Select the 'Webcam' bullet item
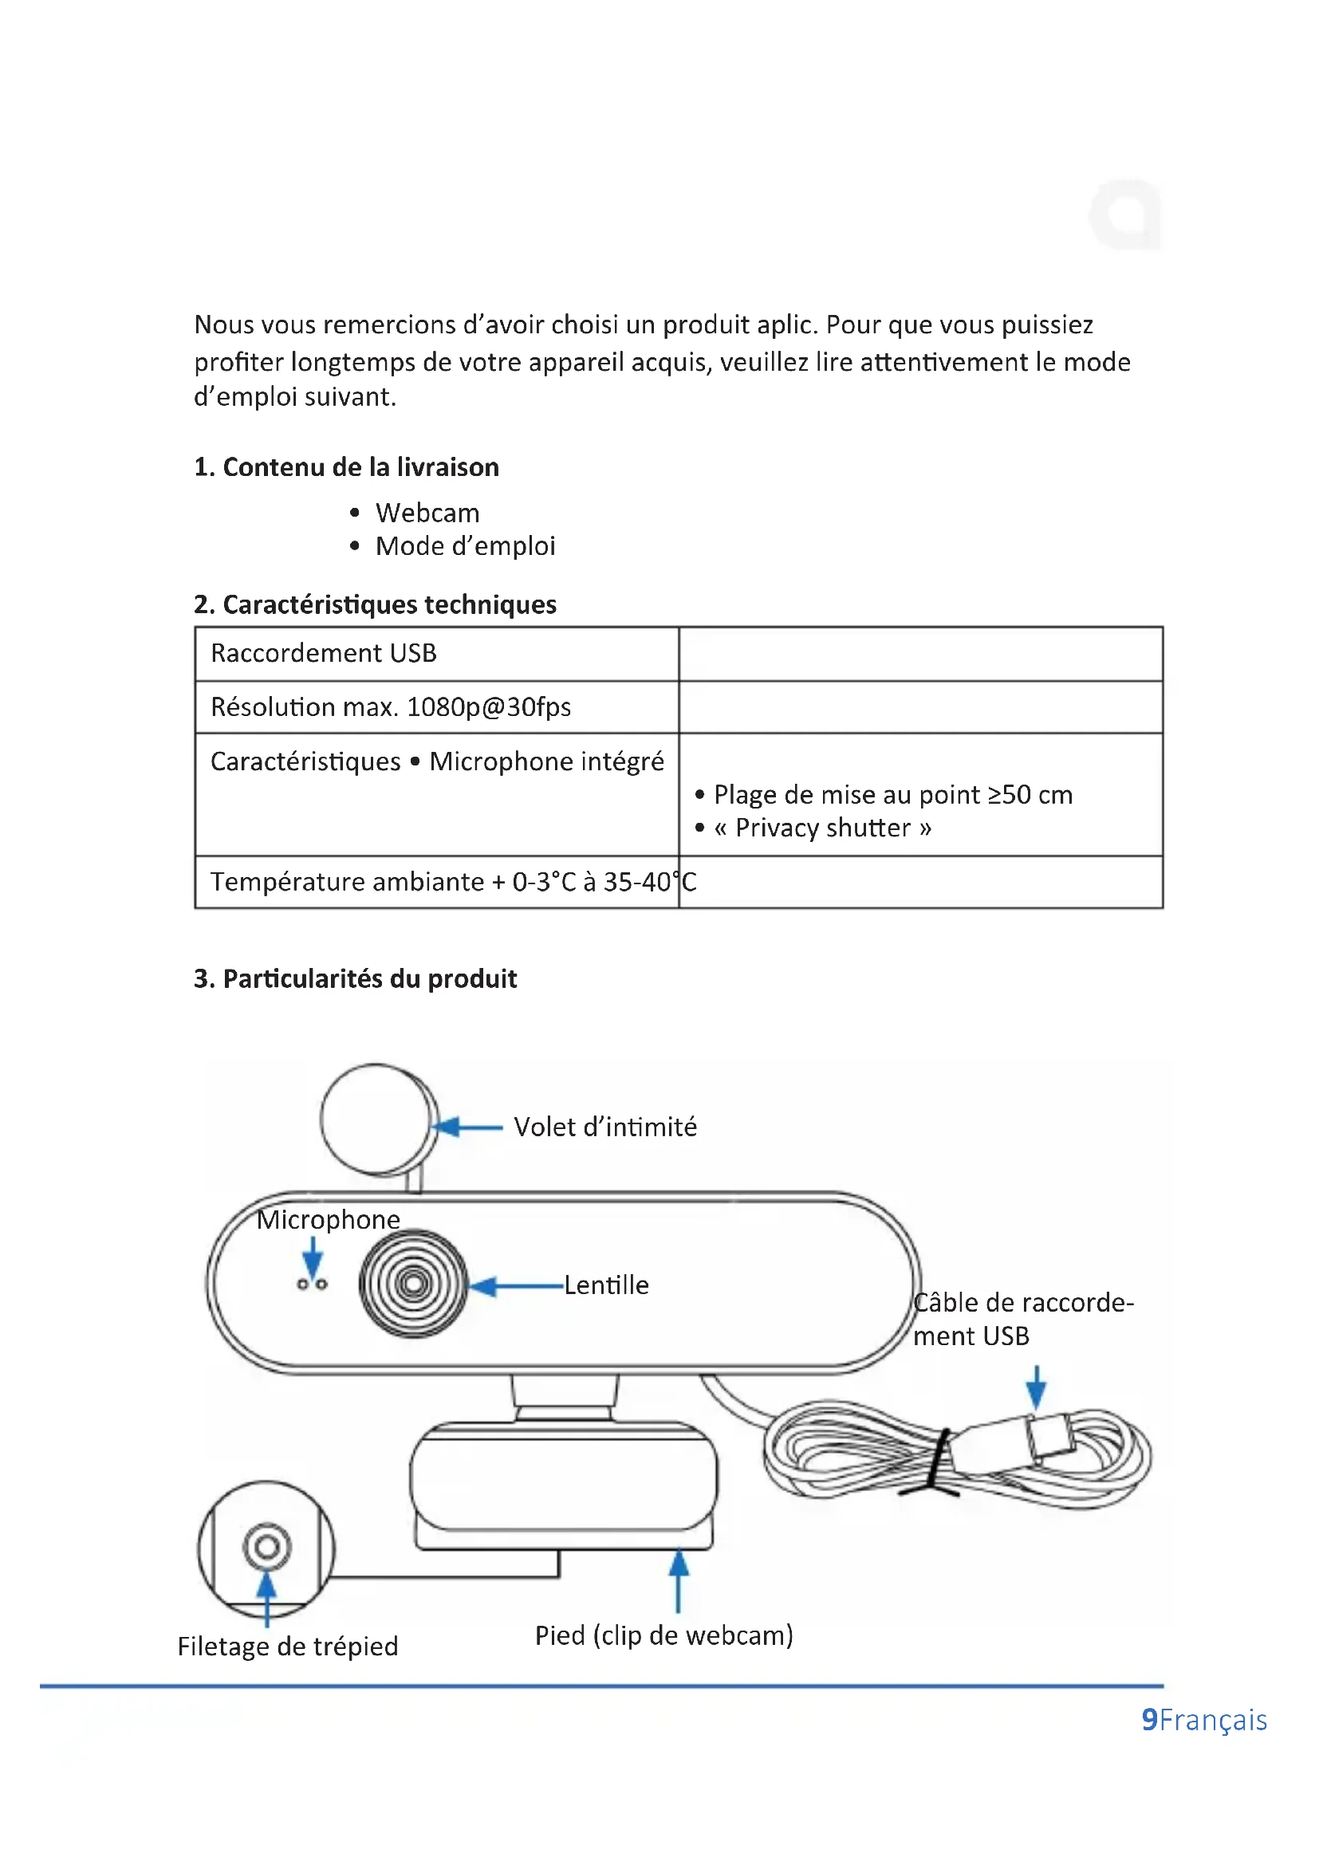[x=427, y=513]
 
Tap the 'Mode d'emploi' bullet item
[x=465, y=547]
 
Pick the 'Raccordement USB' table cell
[x=323, y=653]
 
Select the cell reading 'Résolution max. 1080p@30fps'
[x=391, y=707]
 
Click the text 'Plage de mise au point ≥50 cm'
[x=892, y=794]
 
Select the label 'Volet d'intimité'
[x=605, y=1127]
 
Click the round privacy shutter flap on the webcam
[x=376, y=1119]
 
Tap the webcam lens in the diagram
[x=413, y=1285]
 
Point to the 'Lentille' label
[x=607, y=1286]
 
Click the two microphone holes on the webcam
[x=312, y=1285]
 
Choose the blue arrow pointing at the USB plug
[x=1036, y=1387]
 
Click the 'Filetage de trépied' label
[x=288, y=1647]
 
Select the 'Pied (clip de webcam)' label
[x=663, y=1635]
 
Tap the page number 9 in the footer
[x=1149, y=1720]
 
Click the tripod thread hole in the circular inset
[x=266, y=1547]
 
